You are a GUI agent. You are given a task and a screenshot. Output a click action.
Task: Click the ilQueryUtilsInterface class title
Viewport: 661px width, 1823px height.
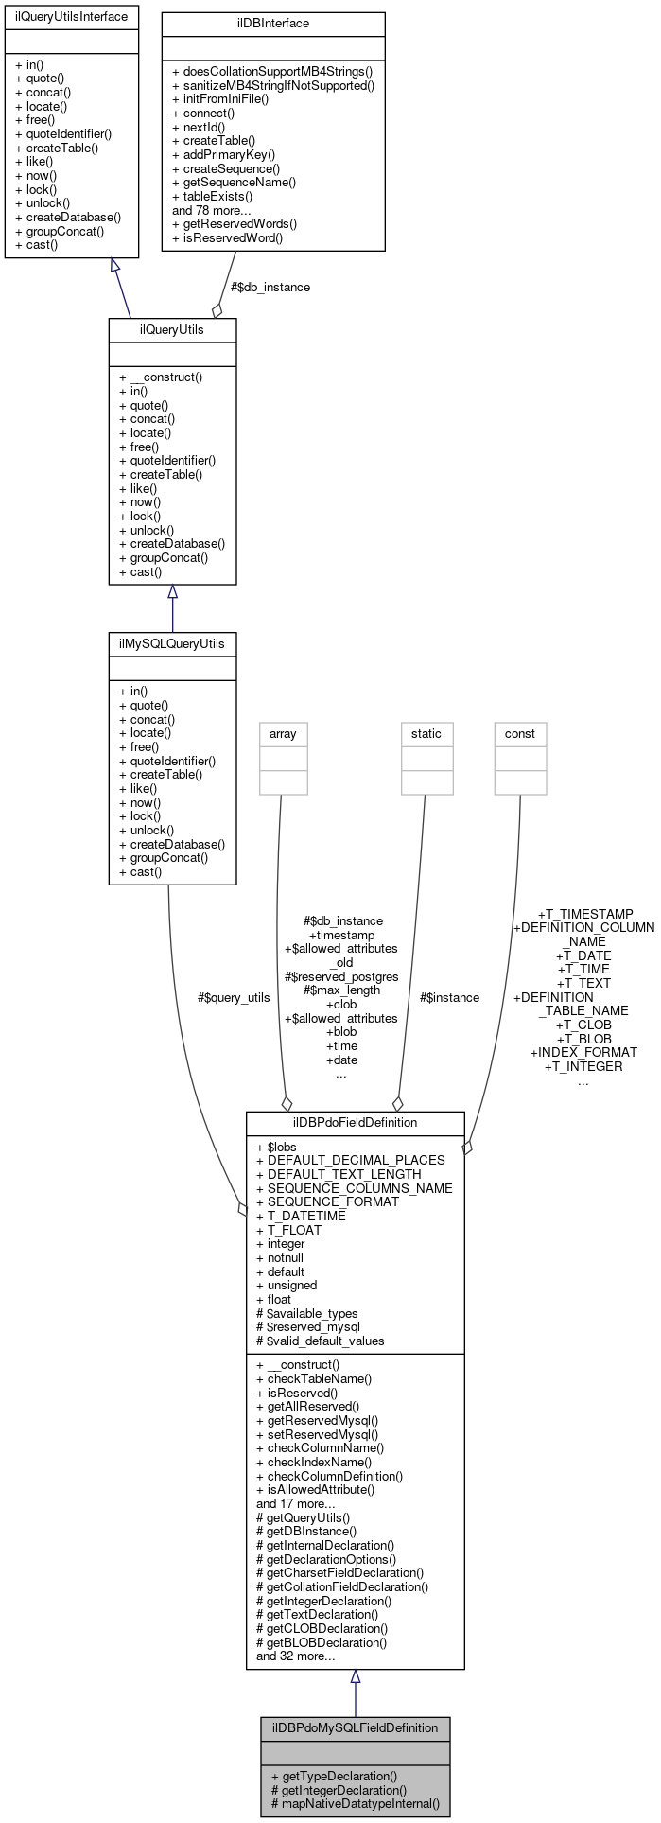coord(71,17)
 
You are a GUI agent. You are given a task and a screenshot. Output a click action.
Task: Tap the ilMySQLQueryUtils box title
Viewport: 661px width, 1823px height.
coord(172,644)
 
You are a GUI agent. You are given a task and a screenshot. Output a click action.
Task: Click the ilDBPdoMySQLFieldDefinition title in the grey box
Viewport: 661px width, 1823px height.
coord(355,1727)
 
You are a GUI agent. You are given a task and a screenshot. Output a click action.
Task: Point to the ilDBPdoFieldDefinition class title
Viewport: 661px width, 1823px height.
coord(355,1123)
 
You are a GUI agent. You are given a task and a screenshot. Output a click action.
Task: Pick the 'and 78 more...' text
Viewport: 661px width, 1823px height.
coord(210,210)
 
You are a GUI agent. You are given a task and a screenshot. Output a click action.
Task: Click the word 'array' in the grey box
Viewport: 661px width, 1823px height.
coord(283,734)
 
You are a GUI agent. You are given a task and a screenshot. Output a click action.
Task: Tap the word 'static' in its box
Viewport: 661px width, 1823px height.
coord(426,734)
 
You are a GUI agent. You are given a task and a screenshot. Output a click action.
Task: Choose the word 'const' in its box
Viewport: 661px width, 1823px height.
coord(520,734)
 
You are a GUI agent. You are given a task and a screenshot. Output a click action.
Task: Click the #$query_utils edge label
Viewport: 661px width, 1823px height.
coord(234,997)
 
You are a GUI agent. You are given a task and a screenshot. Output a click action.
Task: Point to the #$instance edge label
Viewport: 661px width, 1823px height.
coord(449,997)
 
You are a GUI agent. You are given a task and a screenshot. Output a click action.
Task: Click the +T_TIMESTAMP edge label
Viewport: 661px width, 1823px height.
coord(585,914)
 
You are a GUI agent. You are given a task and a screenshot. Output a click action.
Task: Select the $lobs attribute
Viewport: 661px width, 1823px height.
coord(282,1147)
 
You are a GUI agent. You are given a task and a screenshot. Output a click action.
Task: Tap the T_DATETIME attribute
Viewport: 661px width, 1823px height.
coord(306,1216)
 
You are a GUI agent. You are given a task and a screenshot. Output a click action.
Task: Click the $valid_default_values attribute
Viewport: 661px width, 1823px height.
coord(326,1341)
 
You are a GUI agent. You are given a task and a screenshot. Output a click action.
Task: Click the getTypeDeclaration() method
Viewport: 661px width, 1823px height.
coord(339,1776)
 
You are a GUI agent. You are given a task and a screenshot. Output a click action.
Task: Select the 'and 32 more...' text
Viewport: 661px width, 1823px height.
coord(296,1656)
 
